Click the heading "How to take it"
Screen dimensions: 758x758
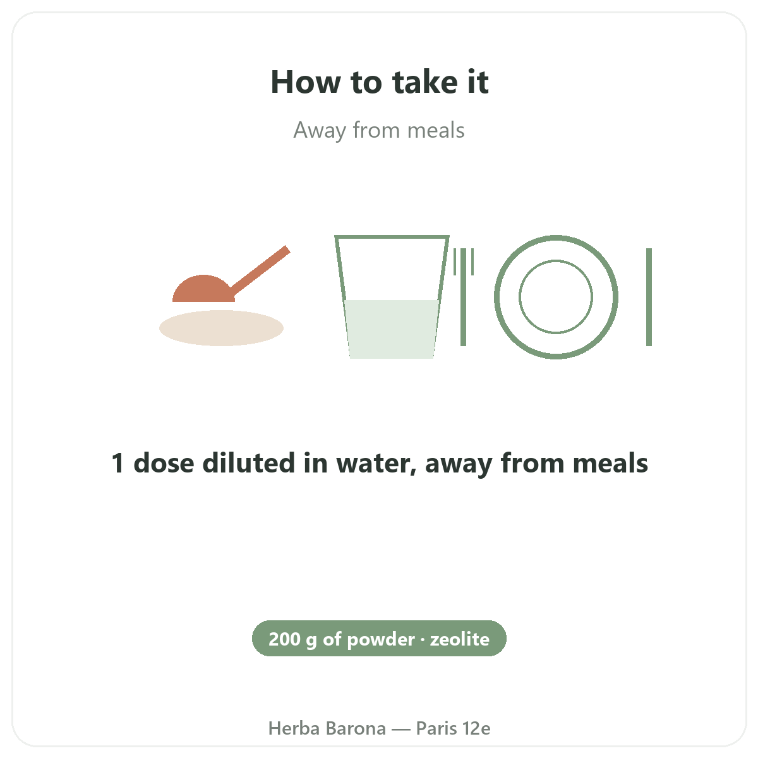379,82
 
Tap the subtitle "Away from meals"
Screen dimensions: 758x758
379,130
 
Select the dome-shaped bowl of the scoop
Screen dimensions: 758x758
203,289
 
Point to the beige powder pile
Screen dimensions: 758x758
221,328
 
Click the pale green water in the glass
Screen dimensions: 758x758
392,329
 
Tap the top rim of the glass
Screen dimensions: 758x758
392,237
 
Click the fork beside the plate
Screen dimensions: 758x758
464,297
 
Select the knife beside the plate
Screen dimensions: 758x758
649,297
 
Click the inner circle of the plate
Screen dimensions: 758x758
556,260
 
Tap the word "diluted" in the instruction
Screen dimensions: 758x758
249,462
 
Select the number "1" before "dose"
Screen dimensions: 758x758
118,463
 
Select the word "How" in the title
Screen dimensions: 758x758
306,82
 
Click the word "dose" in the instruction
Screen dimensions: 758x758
164,462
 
